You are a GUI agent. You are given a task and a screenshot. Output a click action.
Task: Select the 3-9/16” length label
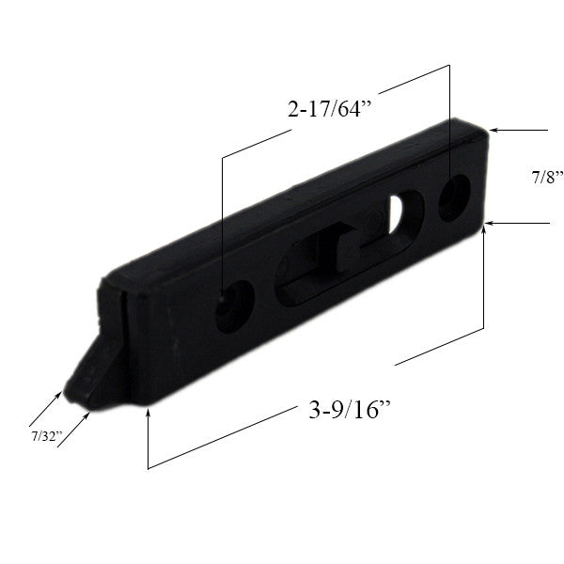pyautogui.click(x=349, y=411)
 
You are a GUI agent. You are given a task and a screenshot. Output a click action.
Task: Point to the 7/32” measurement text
pyautogui.click(x=45, y=436)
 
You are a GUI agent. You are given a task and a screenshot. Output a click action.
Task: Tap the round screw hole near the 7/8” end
pyautogui.click(x=453, y=196)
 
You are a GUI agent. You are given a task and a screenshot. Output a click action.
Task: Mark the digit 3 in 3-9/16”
pyautogui.click(x=312, y=412)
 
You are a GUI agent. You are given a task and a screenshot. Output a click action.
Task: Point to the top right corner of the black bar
pyautogui.click(x=488, y=129)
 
